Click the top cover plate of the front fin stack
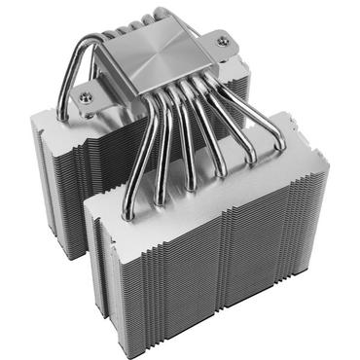click(x=195, y=180)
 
